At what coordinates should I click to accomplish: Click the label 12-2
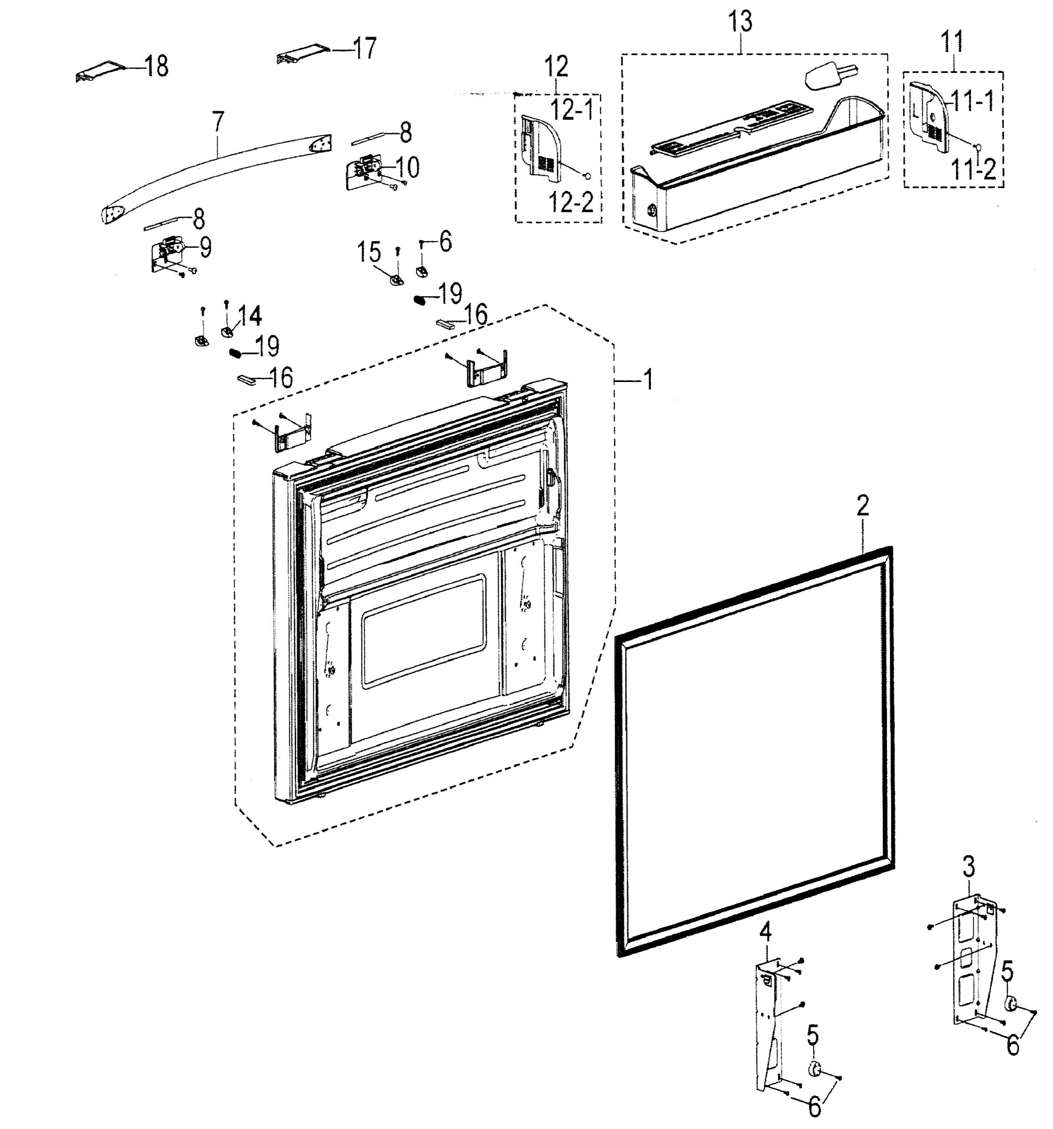coord(571,203)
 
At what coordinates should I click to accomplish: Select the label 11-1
coord(973,102)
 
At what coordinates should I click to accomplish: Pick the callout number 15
coord(369,253)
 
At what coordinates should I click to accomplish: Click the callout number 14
coord(250,316)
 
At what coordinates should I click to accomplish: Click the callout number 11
coord(952,43)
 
